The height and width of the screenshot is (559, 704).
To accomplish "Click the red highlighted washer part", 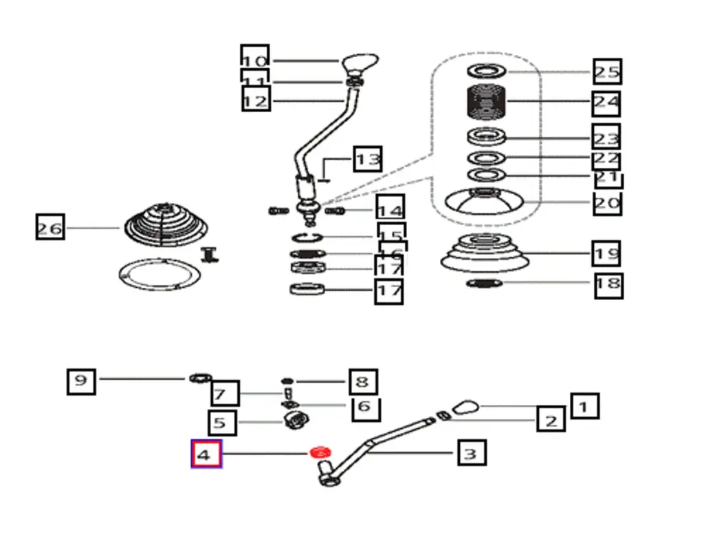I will (320, 452).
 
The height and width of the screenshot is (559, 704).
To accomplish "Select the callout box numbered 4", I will (206, 454).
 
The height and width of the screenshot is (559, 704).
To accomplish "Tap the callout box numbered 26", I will (50, 226).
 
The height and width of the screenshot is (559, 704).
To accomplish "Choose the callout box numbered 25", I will (607, 72).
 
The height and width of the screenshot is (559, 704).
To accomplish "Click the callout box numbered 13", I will (368, 160).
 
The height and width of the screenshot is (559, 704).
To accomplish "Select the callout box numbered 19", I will (606, 253).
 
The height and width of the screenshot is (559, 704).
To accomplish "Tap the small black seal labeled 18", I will (484, 283).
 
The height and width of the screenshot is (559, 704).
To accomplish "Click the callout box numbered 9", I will (81, 380).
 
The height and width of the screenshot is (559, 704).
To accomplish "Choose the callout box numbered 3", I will (472, 454).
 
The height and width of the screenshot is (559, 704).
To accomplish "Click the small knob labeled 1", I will (465, 405).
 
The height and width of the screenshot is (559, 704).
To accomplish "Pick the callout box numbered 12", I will (256, 101).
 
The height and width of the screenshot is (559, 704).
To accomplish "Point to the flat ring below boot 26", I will (159, 275).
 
